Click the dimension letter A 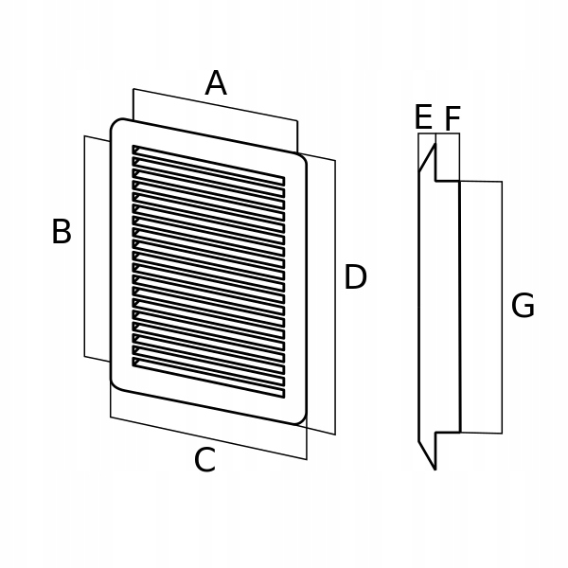216,83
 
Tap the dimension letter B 61,232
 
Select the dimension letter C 204,461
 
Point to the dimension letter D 355,277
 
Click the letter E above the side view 423,117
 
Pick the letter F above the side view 453,119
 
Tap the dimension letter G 523,306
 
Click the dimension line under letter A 216,105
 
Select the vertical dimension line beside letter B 85,246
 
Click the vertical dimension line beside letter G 502,307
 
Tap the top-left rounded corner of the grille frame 117,125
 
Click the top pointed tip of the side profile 435,143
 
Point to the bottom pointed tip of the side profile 435,468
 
